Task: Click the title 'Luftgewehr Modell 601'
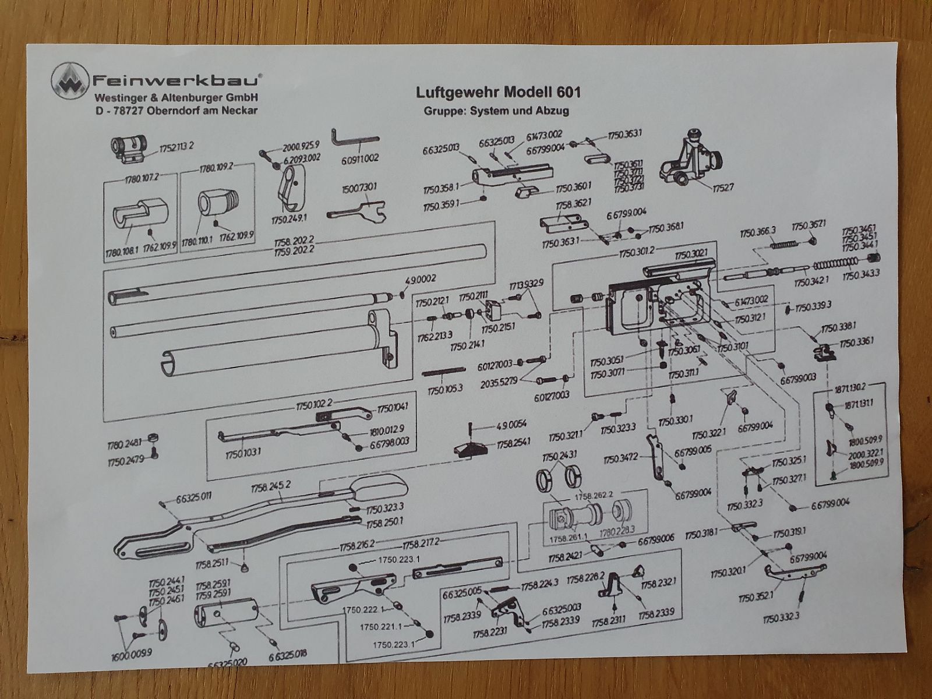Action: [x=497, y=93]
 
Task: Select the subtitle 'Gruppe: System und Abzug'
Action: [x=497, y=110]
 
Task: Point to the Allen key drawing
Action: [x=354, y=139]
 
